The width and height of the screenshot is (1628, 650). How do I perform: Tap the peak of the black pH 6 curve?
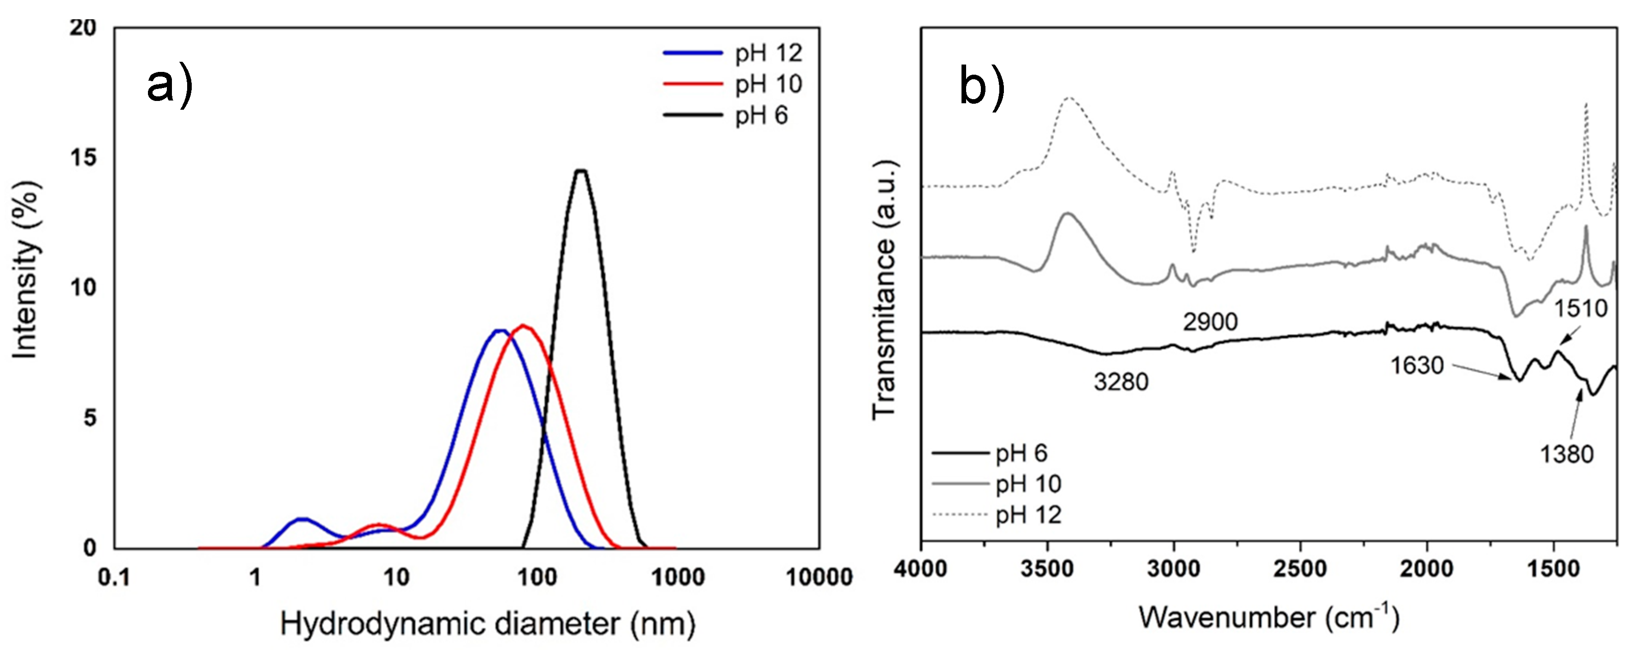[x=580, y=171]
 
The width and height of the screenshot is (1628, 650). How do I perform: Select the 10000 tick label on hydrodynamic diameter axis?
[x=819, y=577]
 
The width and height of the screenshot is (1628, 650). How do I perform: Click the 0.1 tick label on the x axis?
[x=114, y=577]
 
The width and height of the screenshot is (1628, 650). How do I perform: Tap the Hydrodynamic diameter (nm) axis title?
[x=487, y=624]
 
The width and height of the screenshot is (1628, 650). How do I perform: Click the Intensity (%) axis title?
[x=27, y=270]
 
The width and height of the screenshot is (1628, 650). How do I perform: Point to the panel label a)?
[x=169, y=85]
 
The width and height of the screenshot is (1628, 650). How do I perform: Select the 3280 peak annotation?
[x=1121, y=382]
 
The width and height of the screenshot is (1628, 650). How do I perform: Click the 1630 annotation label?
[x=1416, y=366]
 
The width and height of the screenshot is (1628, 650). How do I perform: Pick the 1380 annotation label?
[x=1566, y=454]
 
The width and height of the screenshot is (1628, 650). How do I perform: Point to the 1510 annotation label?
[x=1580, y=308]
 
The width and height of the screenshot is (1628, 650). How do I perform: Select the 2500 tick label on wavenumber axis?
[x=1300, y=569]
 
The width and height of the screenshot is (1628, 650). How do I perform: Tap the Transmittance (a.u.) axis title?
[x=885, y=290]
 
